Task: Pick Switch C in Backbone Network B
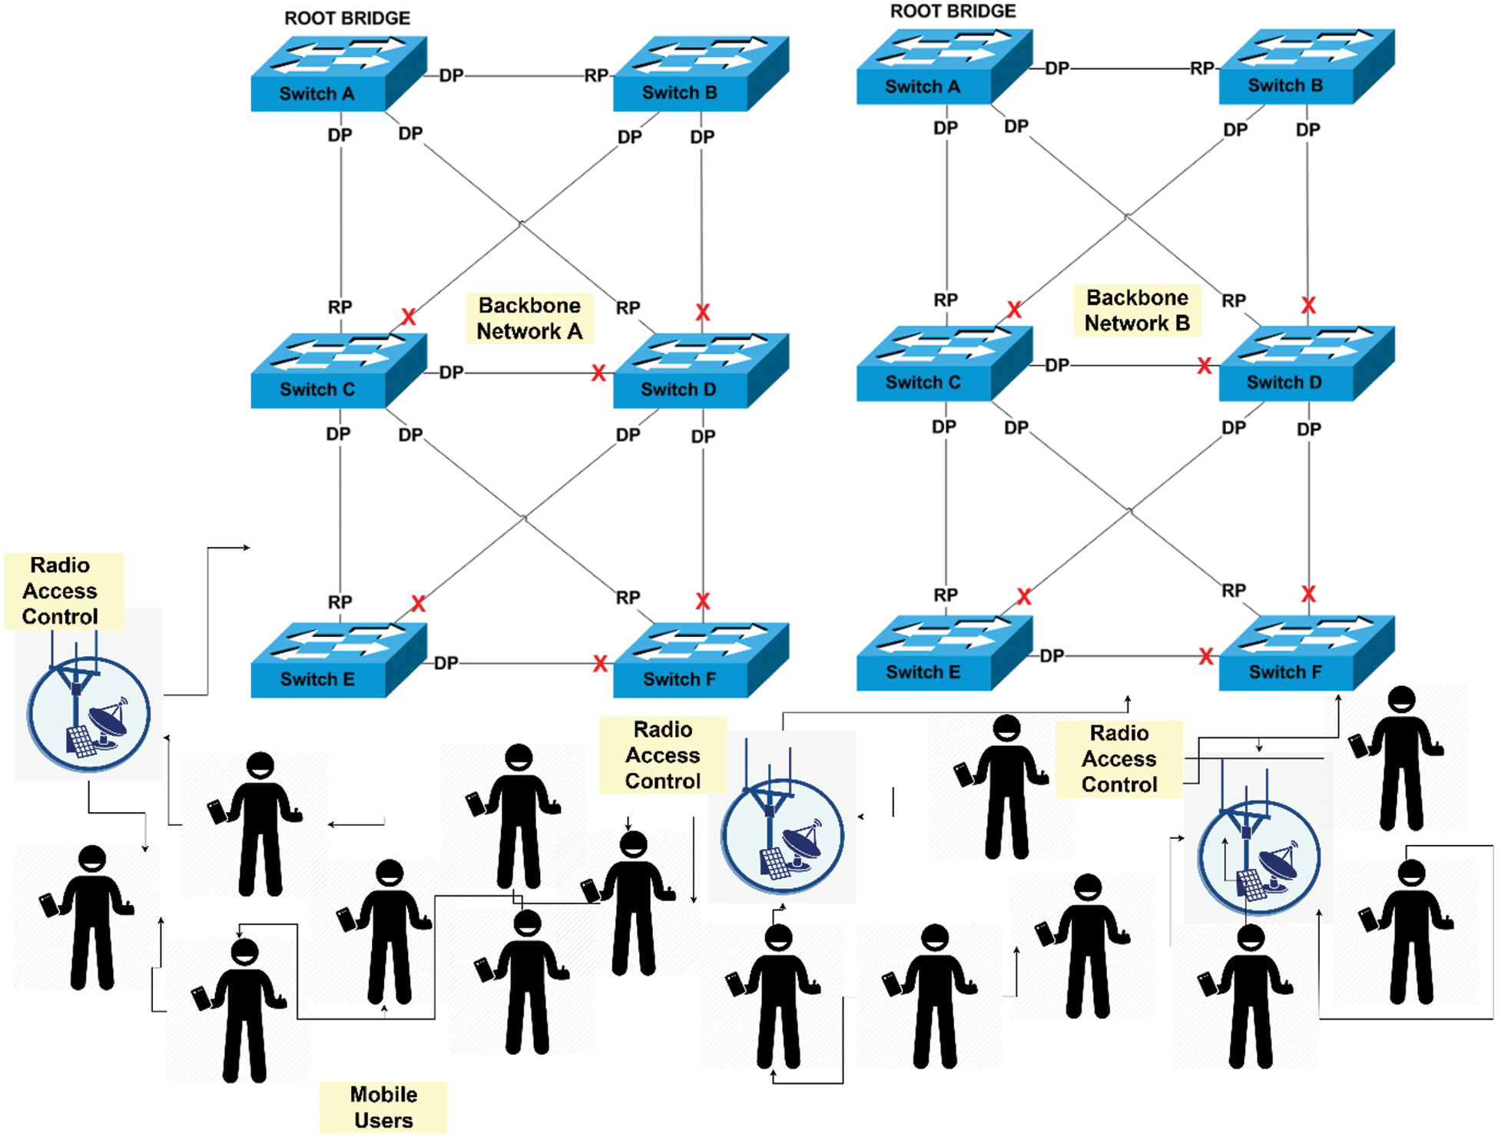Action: click(x=943, y=364)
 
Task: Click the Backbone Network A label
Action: click(x=529, y=318)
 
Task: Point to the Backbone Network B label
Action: click(x=1137, y=310)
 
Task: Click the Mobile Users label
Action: click(x=383, y=1107)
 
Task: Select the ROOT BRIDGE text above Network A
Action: click(x=347, y=18)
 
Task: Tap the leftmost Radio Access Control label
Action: click(x=61, y=591)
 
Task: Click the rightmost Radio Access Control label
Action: click(x=1119, y=758)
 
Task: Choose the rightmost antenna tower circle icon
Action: click(x=1258, y=857)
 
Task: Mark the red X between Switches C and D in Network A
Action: click(x=598, y=374)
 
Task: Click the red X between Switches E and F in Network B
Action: click(x=1206, y=657)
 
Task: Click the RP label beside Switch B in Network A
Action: click(x=596, y=76)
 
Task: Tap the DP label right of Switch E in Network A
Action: click(x=446, y=663)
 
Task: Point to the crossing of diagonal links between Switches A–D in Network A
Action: click(x=521, y=224)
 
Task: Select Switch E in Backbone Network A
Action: click(x=338, y=661)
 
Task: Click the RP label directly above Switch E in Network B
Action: click(x=946, y=595)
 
